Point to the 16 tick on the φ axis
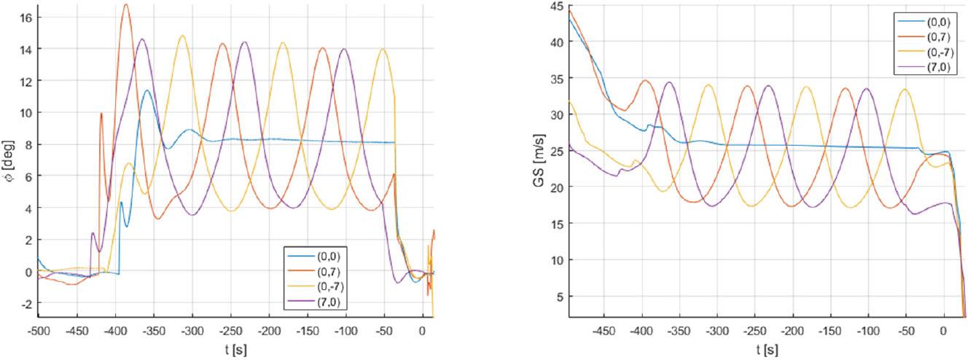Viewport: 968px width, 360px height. pyautogui.click(x=23, y=17)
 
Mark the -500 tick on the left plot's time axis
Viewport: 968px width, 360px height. pyautogui.click(x=38, y=329)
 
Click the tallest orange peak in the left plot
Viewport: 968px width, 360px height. pyautogui.click(x=126, y=5)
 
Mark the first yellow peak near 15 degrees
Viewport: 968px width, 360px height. pyautogui.click(x=182, y=36)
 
